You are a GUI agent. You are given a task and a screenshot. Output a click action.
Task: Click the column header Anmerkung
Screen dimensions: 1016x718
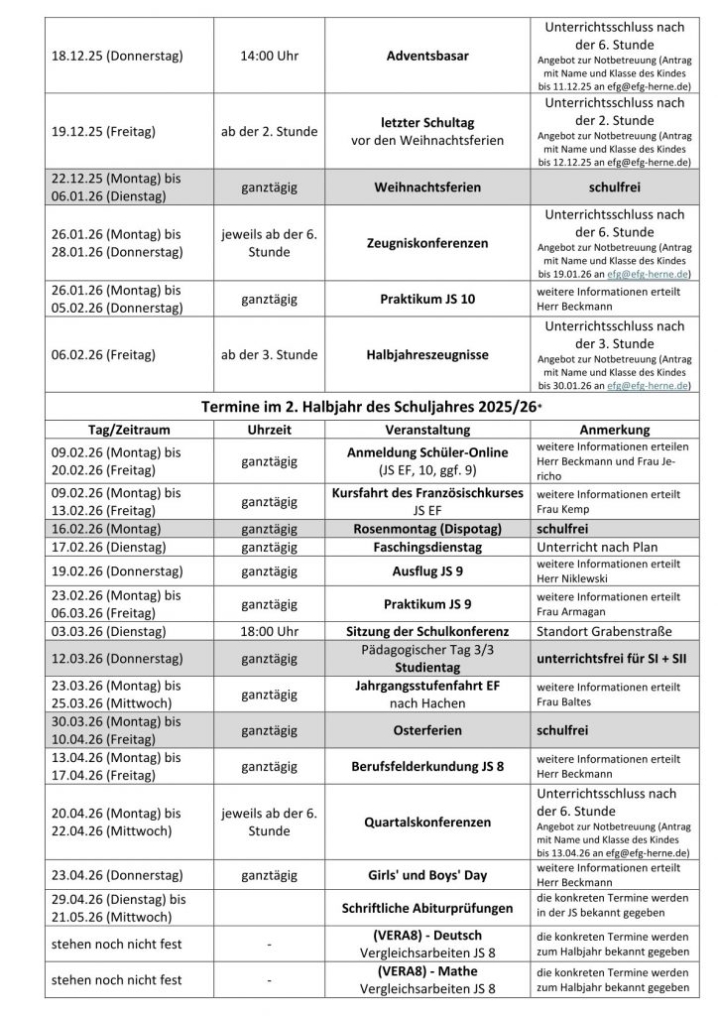tap(616, 431)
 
